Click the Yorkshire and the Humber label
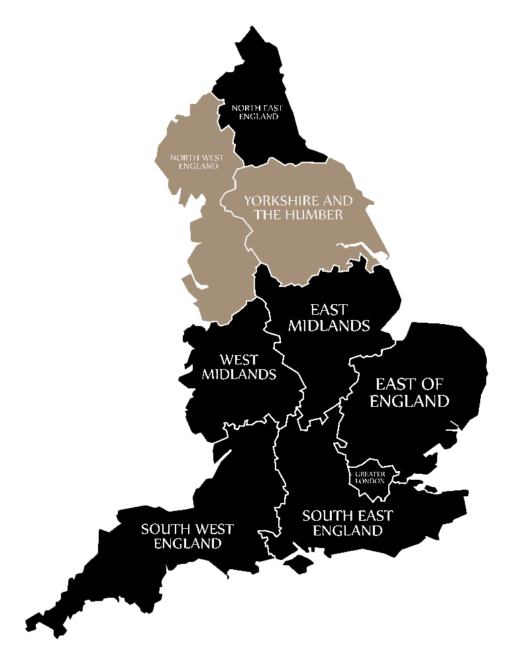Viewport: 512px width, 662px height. (x=298, y=207)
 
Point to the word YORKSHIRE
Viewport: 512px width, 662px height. (x=279, y=200)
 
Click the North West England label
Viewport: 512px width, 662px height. (x=197, y=162)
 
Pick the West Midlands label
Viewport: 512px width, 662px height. (x=238, y=367)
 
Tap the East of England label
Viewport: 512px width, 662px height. (x=409, y=392)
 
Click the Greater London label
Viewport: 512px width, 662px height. (x=370, y=477)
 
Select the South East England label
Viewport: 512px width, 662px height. (x=348, y=523)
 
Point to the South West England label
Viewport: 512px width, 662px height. (x=187, y=536)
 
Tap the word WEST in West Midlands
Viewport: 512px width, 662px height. (x=238, y=360)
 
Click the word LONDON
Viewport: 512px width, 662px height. (x=371, y=480)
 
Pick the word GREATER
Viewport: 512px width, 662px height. (x=370, y=474)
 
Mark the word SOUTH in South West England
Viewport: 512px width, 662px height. (x=163, y=529)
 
